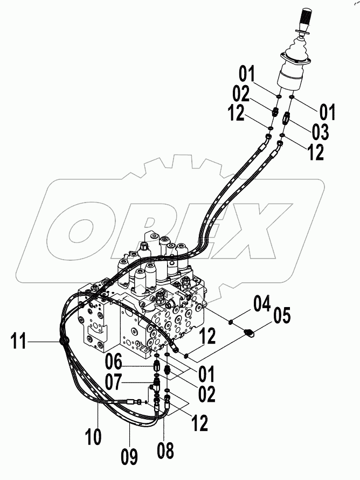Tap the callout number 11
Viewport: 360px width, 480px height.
pyautogui.click(x=19, y=342)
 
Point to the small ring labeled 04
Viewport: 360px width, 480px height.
pyautogui.click(x=231, y=322)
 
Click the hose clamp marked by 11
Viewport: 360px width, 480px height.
pyautogui.click(x=63, y=341)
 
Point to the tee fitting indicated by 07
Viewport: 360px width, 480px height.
pyautogui.click(x=157, y=385)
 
